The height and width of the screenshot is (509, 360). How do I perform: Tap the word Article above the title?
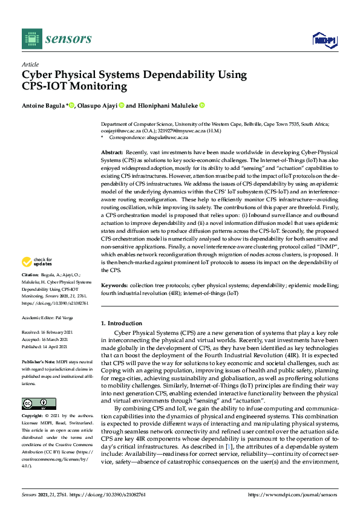pos(30,64)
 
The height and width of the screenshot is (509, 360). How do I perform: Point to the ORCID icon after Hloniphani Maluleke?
pos(202,105)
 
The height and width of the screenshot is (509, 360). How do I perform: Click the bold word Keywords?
pos(114,300)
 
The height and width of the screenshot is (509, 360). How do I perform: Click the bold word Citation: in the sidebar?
pos(30,291)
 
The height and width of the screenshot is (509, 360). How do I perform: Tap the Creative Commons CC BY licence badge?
pos(39,404)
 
